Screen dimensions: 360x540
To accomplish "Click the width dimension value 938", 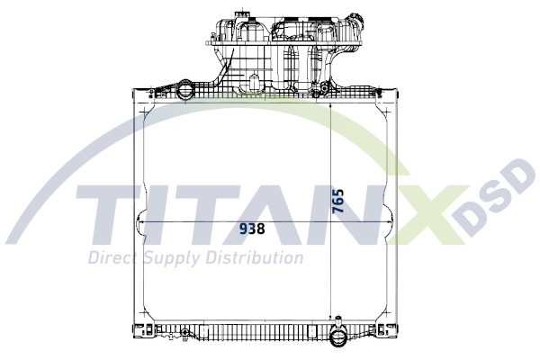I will [252, 229].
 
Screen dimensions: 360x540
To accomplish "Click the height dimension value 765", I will [338, 200].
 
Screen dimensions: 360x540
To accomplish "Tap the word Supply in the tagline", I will [171, 258].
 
